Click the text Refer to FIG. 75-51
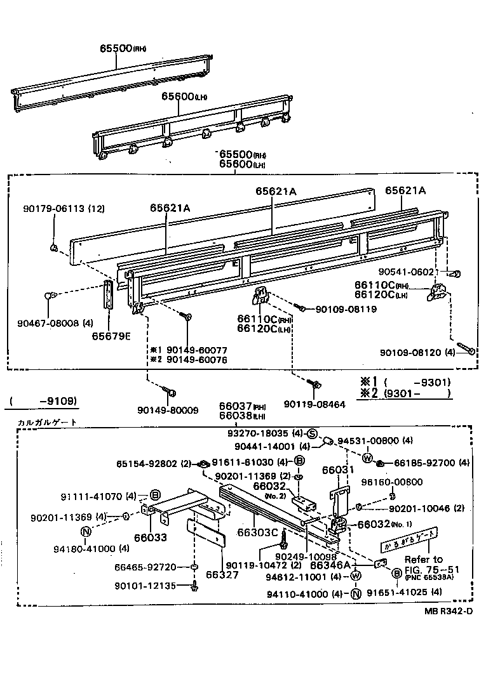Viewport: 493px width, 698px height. tap(424, 565)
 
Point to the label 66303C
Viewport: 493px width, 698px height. tap(257, 532)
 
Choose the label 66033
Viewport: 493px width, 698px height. tap(151, 537)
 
